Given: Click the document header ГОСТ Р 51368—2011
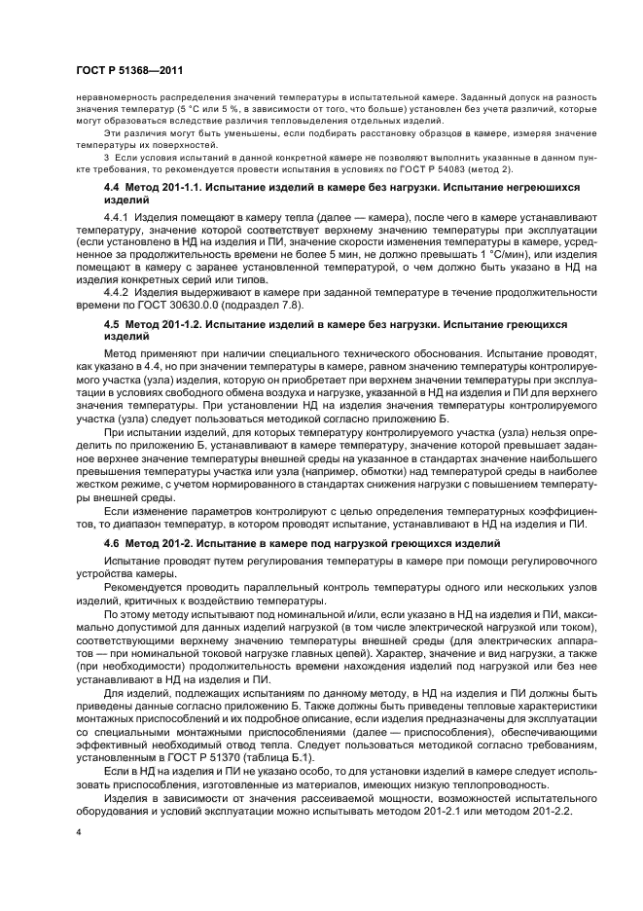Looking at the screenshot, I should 128,69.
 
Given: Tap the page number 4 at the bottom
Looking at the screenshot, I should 79,833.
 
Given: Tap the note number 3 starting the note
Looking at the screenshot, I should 106,156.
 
